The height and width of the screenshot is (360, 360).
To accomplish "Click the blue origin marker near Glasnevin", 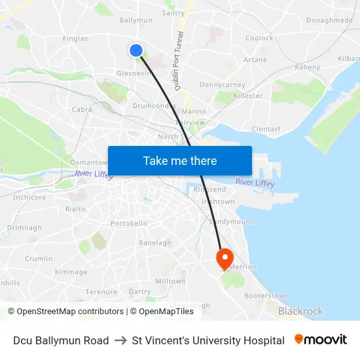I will pos(136,50).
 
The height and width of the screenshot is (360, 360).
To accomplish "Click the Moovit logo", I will pos(320,340).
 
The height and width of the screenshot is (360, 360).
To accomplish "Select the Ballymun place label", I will pos(135,20).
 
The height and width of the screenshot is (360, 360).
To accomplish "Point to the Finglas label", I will pos(75,39).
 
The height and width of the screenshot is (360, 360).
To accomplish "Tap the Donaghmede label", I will pos(329,20).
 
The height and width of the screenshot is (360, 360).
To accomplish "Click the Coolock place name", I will pos(259,38).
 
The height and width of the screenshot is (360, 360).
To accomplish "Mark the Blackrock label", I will pos(300,312).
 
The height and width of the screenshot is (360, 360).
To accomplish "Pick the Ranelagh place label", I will pos(155,243).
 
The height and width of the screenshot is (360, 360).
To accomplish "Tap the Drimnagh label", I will pos(24,228).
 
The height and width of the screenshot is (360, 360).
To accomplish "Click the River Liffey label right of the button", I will pos(255,183).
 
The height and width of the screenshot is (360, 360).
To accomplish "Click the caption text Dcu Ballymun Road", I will pos(61,340).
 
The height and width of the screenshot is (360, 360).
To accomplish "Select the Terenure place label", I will pos(101,291).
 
